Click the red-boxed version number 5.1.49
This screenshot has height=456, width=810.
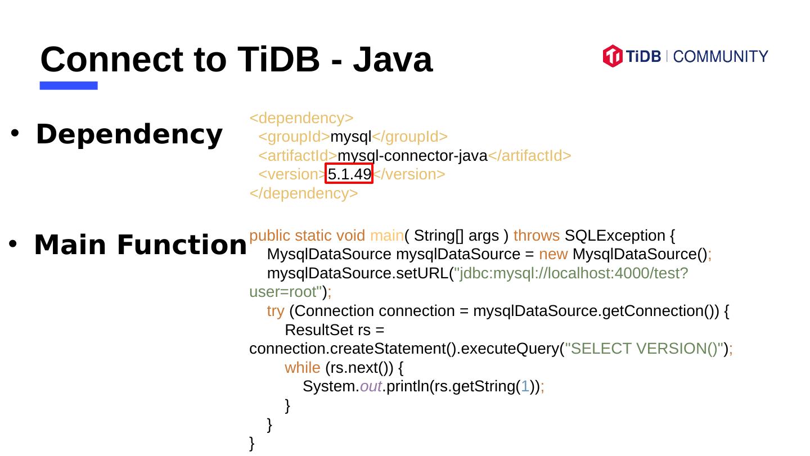point(349,174)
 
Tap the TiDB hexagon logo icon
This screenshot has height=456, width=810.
point(612,56)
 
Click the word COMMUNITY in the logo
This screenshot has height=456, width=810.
point(720,57)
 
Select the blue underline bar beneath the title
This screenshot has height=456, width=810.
point(69,85)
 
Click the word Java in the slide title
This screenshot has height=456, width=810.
point(393,59)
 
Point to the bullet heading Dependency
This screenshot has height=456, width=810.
point(129,134)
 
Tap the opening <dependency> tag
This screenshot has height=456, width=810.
point(301,118)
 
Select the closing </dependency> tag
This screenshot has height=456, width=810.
point(303,193)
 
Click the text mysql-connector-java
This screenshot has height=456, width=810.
point(412,156)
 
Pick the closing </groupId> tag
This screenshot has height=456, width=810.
point(409,137)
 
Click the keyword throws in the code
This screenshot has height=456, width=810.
point(536,235)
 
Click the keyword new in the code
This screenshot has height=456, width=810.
point(553,254)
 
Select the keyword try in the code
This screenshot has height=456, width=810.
point(275,311)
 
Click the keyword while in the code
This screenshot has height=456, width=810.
point(302,368)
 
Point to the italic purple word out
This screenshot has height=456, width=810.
point(371,387)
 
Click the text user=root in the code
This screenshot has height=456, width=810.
point(285,292)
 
